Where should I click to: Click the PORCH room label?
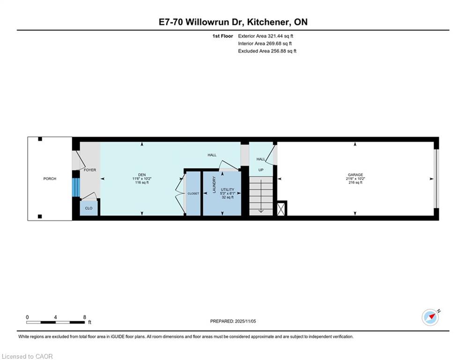pos(50,179)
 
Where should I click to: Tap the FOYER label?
pos(90,170)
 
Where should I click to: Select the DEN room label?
pos(142,175)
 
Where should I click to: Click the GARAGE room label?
pos(355,175)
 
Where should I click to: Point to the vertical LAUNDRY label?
pos(214,185)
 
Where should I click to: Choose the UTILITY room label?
pos(227,189)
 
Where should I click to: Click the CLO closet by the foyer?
pos(89,208)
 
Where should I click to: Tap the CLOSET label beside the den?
pos(193,194)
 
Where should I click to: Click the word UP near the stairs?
pos(261,170)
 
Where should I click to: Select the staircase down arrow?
pos(261,196)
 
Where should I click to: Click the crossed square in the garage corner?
pos(281,208)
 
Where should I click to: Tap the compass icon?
pos(430,317)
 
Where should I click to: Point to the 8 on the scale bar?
pos(85,317)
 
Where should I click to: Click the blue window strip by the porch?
pos(76,187)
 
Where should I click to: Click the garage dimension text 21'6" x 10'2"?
pos(355,179)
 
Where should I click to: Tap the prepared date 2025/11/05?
pos(245,321)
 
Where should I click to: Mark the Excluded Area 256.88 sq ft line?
pos(267,51)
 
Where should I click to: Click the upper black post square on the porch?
pos(40,139)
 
